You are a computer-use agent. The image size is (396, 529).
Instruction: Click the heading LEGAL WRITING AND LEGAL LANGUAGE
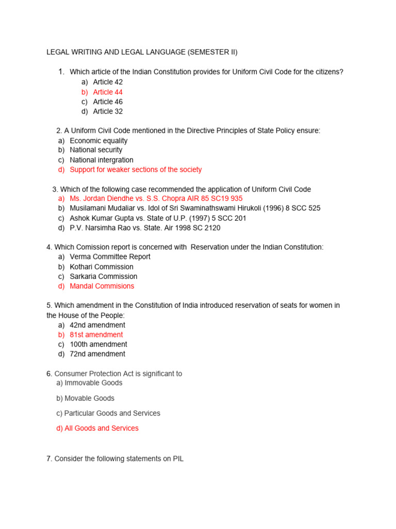pos(142,52)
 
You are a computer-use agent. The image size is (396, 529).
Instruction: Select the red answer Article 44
pos(108,92)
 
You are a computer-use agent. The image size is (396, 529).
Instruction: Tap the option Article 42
pos(108,82)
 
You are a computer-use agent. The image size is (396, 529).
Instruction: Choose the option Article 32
pos(108,112)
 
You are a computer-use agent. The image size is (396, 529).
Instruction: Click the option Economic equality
pos(98,141)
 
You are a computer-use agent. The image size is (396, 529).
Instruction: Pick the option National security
pos(96,150)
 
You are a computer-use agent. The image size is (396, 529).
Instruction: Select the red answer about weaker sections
pos(136,170)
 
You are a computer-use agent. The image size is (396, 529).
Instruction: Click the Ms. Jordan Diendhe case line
pos(156,199)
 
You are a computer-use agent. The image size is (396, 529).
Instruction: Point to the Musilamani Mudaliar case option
pos(194,208)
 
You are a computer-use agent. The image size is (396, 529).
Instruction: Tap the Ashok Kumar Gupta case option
pos(158,218)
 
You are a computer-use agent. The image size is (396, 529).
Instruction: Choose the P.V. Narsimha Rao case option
pos(145,228)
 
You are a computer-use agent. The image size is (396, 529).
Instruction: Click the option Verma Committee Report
pos(110,257)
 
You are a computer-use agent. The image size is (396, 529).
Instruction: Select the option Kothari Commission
pos(102,267)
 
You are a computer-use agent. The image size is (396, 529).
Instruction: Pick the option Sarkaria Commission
pos(103,276)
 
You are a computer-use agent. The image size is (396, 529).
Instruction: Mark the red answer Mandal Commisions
pos(102,286)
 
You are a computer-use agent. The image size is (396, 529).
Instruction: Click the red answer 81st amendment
pos(96,335)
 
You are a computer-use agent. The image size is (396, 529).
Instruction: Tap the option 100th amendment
pos(98,345)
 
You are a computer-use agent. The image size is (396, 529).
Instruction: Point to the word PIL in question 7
pos(177,458)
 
